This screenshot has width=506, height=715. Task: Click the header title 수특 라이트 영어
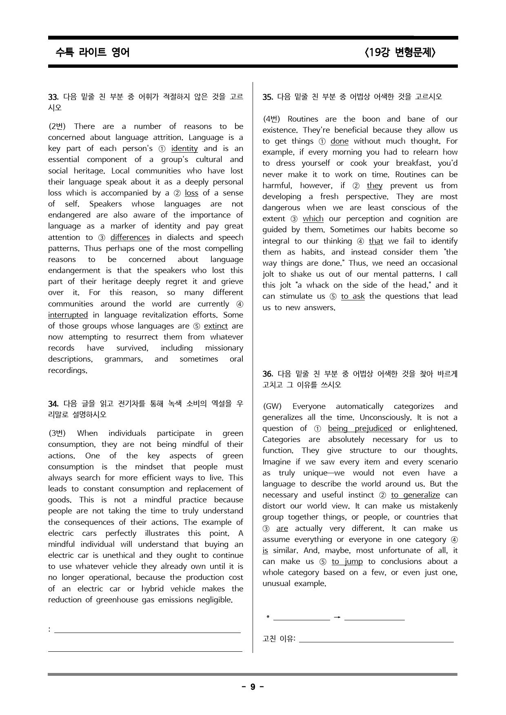(x=93, y=52)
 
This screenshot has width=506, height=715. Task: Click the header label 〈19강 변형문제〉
(x=400, y=52)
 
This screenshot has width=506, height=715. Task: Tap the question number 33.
(x=53, y=97)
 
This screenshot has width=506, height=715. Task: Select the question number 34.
(x=53, y=404)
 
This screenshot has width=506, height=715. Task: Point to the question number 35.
(x=268, y=97)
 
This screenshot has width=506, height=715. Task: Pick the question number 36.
(x=268, y=374)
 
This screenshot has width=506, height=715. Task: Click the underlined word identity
(x=184, y=149)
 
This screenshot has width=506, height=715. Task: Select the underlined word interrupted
(x=68, y=315)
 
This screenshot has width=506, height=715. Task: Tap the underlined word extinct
(x=216, y=326)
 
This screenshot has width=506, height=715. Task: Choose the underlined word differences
(x=130, y=238)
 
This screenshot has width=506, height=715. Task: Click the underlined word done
(x=340, y=141)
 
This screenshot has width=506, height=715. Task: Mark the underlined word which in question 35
(x=313, y=219)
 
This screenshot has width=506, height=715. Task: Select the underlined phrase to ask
(x=353, y=296)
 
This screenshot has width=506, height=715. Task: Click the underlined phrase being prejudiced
(x=360, y=429)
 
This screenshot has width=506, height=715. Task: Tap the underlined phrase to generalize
(x=415, y=495)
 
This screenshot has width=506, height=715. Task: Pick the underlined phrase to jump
(x=347, y=562)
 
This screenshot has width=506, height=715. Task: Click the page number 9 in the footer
(x=253, y=687)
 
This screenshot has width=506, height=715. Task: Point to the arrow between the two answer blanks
(x=337, y=617)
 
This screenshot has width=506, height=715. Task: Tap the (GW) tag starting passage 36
(x=273, y=406)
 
